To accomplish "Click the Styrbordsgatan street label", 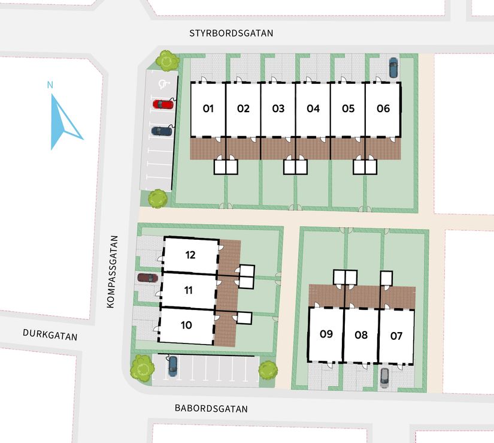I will pyautogui.click(x=231, y=34).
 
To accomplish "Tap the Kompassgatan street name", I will pyautogui.click(x=110, y=272).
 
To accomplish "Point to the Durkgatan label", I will pyautogui.click(x=50, y=335).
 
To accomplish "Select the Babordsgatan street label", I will pyautogui.click(x=211, y=409).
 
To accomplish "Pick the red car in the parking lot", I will pyautogui.click(x=163, y=104).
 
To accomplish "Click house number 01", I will pyautogui.click(x=208, y=109).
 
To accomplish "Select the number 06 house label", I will pyautogui.click(x=383, y=109).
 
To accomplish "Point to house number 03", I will pyautogui.click(x=278, y=109).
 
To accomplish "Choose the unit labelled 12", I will pyautogui.click(x=190, y=255).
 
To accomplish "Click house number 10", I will pyautogui.click(x=186, y=325).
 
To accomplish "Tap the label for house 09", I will pyautogui.click(x=326, y=334).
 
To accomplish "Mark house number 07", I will pyautogui.click(x=396, y=335).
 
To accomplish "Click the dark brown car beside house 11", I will pyautogui.click(x=147, y=278).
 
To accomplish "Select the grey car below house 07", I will pyautogui.click(x=384, y=376).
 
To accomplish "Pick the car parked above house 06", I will pyautogui.click(x=393, y=67).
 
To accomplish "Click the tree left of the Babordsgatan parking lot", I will pyautogui.click(x=143, y=367).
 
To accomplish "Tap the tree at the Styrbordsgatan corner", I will pyautogui.click(x=167, y=60).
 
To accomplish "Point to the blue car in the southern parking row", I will pyautogui.click(x=172, y=365).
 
